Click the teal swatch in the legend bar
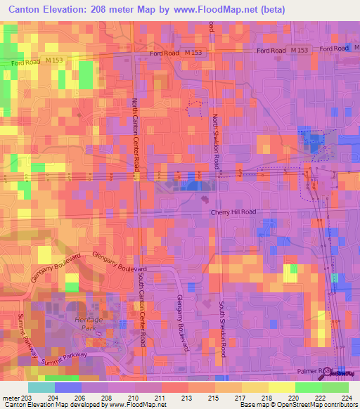click(41, 387)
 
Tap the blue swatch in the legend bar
click(67, 387)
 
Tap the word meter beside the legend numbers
click(11, 397)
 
